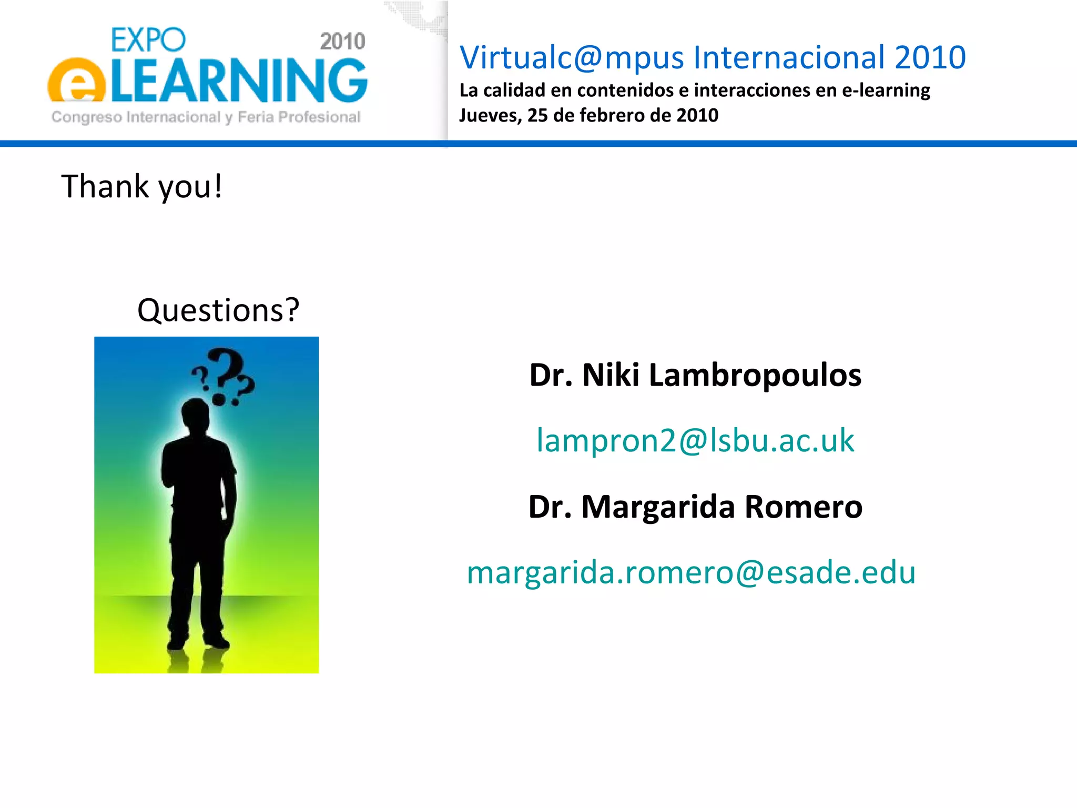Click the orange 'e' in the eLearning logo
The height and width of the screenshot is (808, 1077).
tap(77, 82)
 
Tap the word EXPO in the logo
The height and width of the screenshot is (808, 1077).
tap(148, 40)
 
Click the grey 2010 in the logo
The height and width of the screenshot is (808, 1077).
tap(342, 42)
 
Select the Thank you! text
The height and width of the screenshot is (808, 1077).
tap(142, 186)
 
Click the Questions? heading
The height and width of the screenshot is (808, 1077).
tap(218, 310)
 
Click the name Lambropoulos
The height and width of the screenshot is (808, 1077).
tap(755, 375)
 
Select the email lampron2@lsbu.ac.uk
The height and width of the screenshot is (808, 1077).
tap(695, 440)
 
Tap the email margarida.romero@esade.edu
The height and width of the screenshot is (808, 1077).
tap(691, 572)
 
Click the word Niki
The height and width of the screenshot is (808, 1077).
tap(611, 375)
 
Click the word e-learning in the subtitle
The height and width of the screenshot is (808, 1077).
tap(886, 90)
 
